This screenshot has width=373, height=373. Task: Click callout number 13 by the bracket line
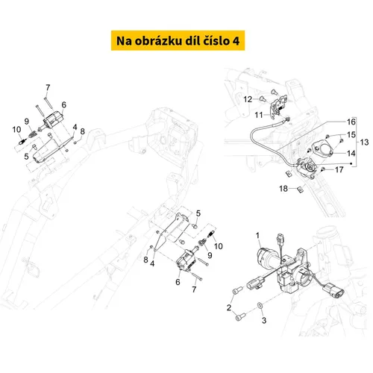tap(363, 141)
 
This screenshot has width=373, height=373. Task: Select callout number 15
tap(351, 134)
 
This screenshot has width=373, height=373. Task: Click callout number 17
tap(340, 169)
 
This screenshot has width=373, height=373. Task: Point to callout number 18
tap(283, 189)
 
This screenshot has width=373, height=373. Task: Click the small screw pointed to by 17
tap(323, 170)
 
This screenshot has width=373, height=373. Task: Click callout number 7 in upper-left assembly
tap(48, 88)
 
